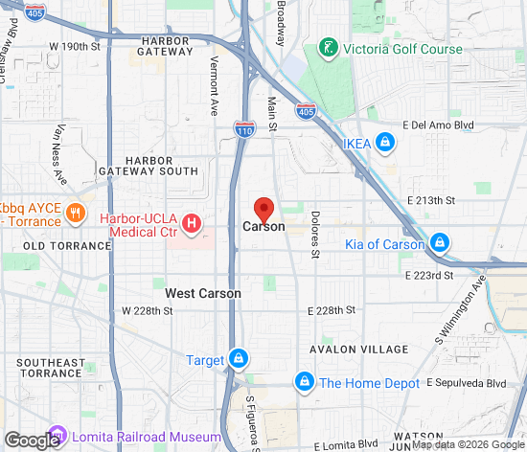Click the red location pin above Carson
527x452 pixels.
click(x=263, y=209)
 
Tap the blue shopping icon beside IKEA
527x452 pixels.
click(x=385, y=143)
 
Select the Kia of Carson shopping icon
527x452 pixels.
click(x=440, y=243)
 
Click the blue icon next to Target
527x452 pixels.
click(x=237, y=360)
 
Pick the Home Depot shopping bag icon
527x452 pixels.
click(x=305, y=382)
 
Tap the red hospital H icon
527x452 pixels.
click(x=192, y=224)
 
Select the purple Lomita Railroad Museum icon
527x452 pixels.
click(x=57, y=435)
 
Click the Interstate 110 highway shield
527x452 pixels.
click(x=243, y=127)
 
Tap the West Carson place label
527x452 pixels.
click(x=203, y=293)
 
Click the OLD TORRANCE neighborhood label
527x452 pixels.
click(x=67, y=246)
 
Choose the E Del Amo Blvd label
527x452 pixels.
click(x=441, y=124)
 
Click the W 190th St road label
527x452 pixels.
click(x=75, y=46)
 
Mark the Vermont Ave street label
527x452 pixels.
click(x=215, y=85)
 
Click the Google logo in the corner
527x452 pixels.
click(x=31, y=440)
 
